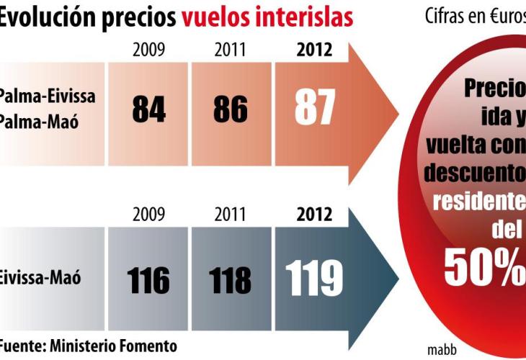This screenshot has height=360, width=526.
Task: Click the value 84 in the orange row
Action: [x=148, y=109]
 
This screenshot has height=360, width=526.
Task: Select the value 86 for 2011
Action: [x=230, y=109]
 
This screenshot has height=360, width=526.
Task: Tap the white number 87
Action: [x=315, y=109]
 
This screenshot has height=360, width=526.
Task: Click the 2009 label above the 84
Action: [x=148, y=50]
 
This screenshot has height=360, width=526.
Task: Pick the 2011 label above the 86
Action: [x=230, y=50]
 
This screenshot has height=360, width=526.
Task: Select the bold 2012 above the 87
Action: [x=314, y=50]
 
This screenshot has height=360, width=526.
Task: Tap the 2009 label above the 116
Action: [x=148, y=215]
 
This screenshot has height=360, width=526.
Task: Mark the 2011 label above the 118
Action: [x=230, y=215]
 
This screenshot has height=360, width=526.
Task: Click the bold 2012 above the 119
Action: [x=314, y=215]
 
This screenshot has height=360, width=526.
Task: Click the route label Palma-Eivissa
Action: [x=47, y=96]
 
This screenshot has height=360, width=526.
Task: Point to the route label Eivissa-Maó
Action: [x=40, y=277]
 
